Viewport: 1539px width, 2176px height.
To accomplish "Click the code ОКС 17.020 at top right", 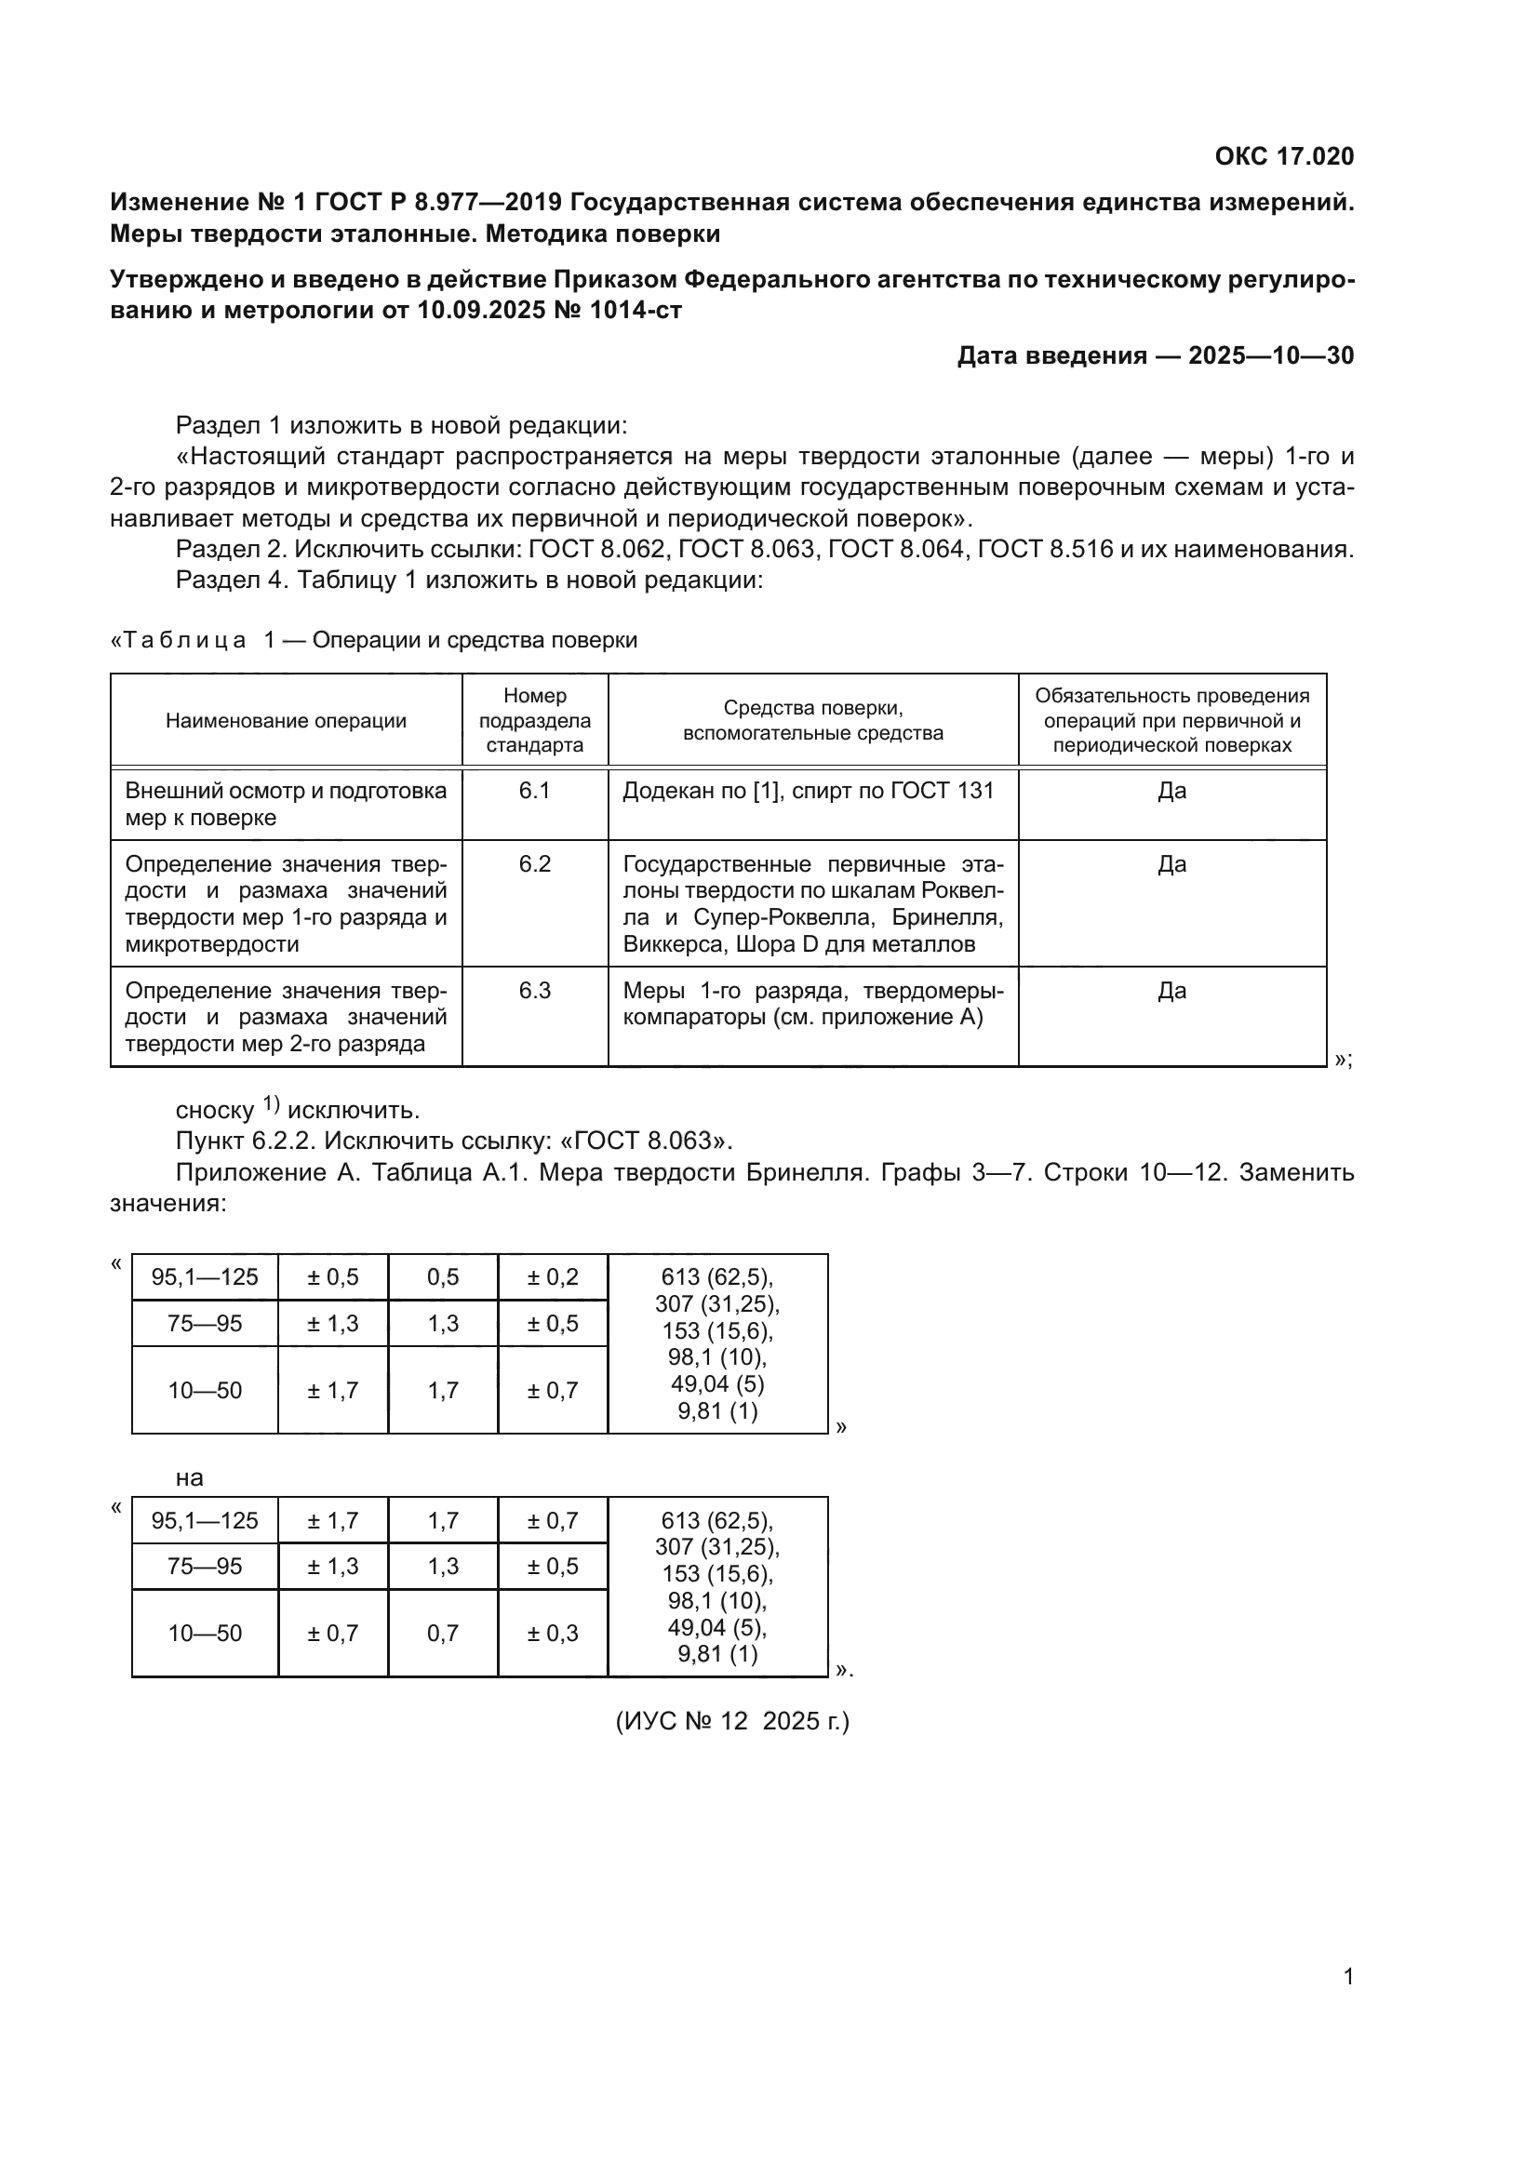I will pos(1284,156).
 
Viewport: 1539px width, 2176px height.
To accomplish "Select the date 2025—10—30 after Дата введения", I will pos(1271,355).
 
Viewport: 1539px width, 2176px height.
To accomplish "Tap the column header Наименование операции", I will pos(286,720).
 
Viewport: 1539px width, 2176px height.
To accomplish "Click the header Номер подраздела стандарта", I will pos(534,720).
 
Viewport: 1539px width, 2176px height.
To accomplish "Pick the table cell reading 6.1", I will pos(534,791).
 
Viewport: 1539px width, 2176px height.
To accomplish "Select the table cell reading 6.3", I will pos(534,991).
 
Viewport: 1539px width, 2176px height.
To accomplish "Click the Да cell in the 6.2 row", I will pos(1171,863).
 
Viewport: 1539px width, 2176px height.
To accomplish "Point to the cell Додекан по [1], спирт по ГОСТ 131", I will pos(809,791).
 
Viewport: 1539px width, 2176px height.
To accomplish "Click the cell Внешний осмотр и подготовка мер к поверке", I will pos(286,804).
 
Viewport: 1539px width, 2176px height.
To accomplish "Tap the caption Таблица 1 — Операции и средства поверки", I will pos(374,640).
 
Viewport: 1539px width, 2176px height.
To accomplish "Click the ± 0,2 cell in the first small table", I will pos(553,1276).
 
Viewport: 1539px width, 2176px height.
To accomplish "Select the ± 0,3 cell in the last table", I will pos(553,1633).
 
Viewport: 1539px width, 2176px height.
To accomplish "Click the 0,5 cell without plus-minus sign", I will pos(443,1276).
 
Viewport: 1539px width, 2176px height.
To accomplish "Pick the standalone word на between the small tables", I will pos(190,1477).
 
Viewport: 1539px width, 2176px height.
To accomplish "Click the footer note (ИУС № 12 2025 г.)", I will pos(732,1720).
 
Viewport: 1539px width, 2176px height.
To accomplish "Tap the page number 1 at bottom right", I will pos(1348,1976).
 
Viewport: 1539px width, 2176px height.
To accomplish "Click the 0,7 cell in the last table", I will pos(443,1633).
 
